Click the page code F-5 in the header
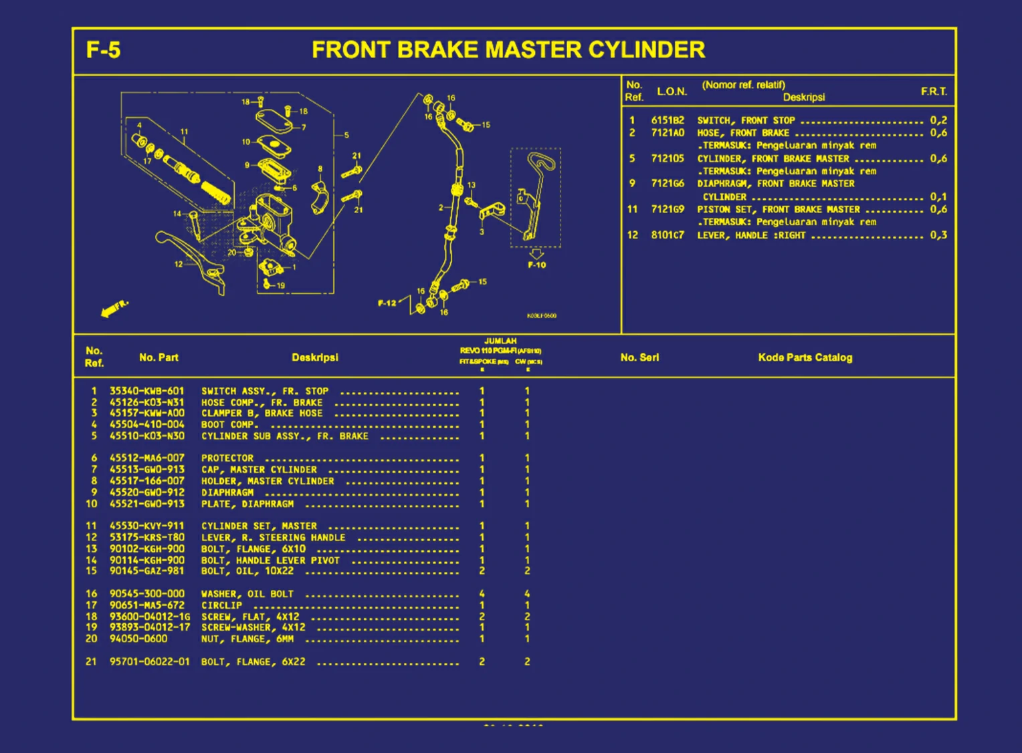click(103, 50)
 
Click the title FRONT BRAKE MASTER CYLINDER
click(508, 50)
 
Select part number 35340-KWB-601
click(146, 391)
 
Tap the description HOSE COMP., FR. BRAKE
click(262, 402)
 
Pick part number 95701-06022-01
click(149, 661)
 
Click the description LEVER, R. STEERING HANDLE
click(273, 537)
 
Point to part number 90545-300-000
click(146, 593)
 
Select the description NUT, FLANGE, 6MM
click(247, 639)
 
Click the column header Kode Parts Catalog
click(805, 357)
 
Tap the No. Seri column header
click(639, 357)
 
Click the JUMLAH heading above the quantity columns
click(500, 341)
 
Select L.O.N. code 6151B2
click(668, 120)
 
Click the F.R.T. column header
click(933, 92)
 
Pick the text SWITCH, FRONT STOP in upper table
click(746, 120)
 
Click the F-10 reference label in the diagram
click(536, 265)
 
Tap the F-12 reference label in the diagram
click(387, 303)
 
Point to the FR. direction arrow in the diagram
click(114, 309)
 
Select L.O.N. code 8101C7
click(668, 235)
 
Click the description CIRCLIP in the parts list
click(221, 605)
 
